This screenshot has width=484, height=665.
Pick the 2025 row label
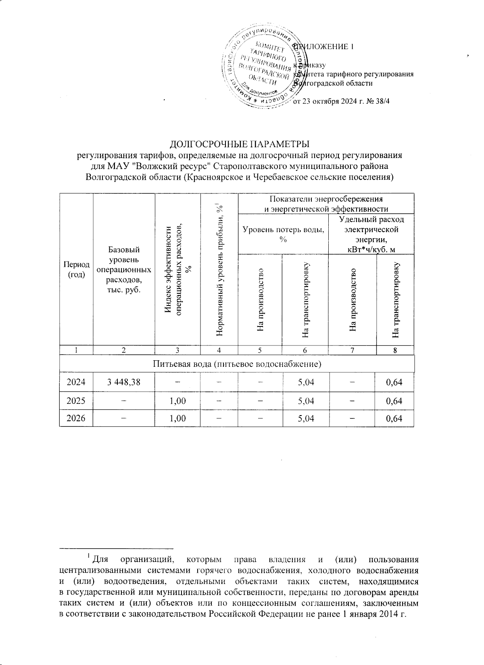point(76,401)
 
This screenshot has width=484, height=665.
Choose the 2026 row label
point(76,418)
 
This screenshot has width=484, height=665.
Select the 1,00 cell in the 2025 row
point(177,401)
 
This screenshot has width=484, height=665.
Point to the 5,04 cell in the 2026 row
point(305,418)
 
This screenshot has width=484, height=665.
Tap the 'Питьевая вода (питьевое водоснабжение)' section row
point(237,364)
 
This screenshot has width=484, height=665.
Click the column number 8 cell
point(395,350)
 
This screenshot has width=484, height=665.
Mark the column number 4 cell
point(219,350)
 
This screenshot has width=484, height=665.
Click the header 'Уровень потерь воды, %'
point(283,234)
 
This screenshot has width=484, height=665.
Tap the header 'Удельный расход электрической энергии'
point(371,234)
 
